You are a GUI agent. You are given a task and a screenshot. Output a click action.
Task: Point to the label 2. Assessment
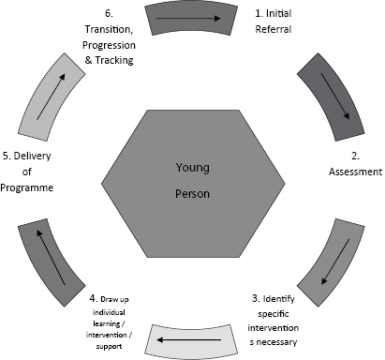click(354, 164)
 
